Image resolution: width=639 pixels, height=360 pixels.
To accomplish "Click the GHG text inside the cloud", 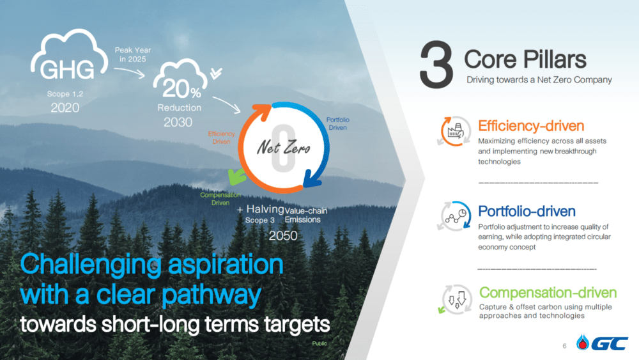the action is pyautogui.click(x=67, y=70).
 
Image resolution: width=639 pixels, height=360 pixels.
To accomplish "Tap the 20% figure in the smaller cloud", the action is pyautogui.click(x=181, y=88).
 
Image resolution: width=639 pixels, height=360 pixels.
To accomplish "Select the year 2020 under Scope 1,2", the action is pyautogui.click(x=65, y=107).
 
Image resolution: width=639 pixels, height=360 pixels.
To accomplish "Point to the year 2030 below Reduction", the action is pyautogui.click(x=178, y=122).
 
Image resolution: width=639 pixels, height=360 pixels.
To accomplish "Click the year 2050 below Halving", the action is pyautogui.click(x=283, y=236).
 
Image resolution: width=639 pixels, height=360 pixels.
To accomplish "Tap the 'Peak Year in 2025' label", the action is pyautogui.click(x=133, y=54).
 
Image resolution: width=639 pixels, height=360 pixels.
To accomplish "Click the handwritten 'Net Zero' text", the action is pyautogui.click(x=283, y=147).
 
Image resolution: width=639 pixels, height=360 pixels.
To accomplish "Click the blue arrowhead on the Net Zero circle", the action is pyautogui.click(x=312, y=180).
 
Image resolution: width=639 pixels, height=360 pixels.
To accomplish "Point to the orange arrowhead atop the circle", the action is pyautogui.click(x=263, y=111).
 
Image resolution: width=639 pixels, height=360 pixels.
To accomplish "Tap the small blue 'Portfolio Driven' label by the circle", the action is pyautogui.click(x=338, y=123).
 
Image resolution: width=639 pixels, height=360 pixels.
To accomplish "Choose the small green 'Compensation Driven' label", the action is pyautogui.click(x=220, y=199).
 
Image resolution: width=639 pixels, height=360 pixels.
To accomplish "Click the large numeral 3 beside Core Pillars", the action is pyautogui.click(x=436, y=65).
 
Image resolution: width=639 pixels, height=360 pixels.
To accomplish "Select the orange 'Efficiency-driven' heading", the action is pyautogui.click(x=531, y=126).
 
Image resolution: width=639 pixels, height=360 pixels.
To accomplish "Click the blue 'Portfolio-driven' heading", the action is pyautogui.click(x=527, y=211).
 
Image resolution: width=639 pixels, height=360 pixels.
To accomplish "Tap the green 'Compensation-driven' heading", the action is pyautogui.click(x=548, y=292).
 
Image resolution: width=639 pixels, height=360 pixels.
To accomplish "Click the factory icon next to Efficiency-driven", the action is pyautogui.click(x=455, y=131).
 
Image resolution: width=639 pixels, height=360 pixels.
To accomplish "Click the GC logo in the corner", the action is pyautogui.click(x=602, y=343).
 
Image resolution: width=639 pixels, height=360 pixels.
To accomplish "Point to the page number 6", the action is pyautogui.click(x=564, y=346).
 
